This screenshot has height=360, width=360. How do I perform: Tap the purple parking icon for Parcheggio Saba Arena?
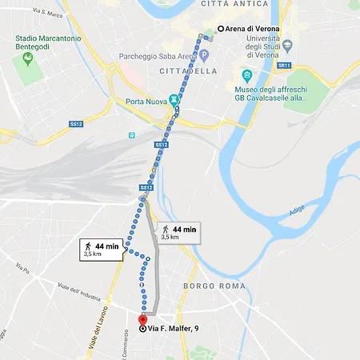[204, 55]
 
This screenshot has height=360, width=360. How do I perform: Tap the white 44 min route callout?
[102, 250]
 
